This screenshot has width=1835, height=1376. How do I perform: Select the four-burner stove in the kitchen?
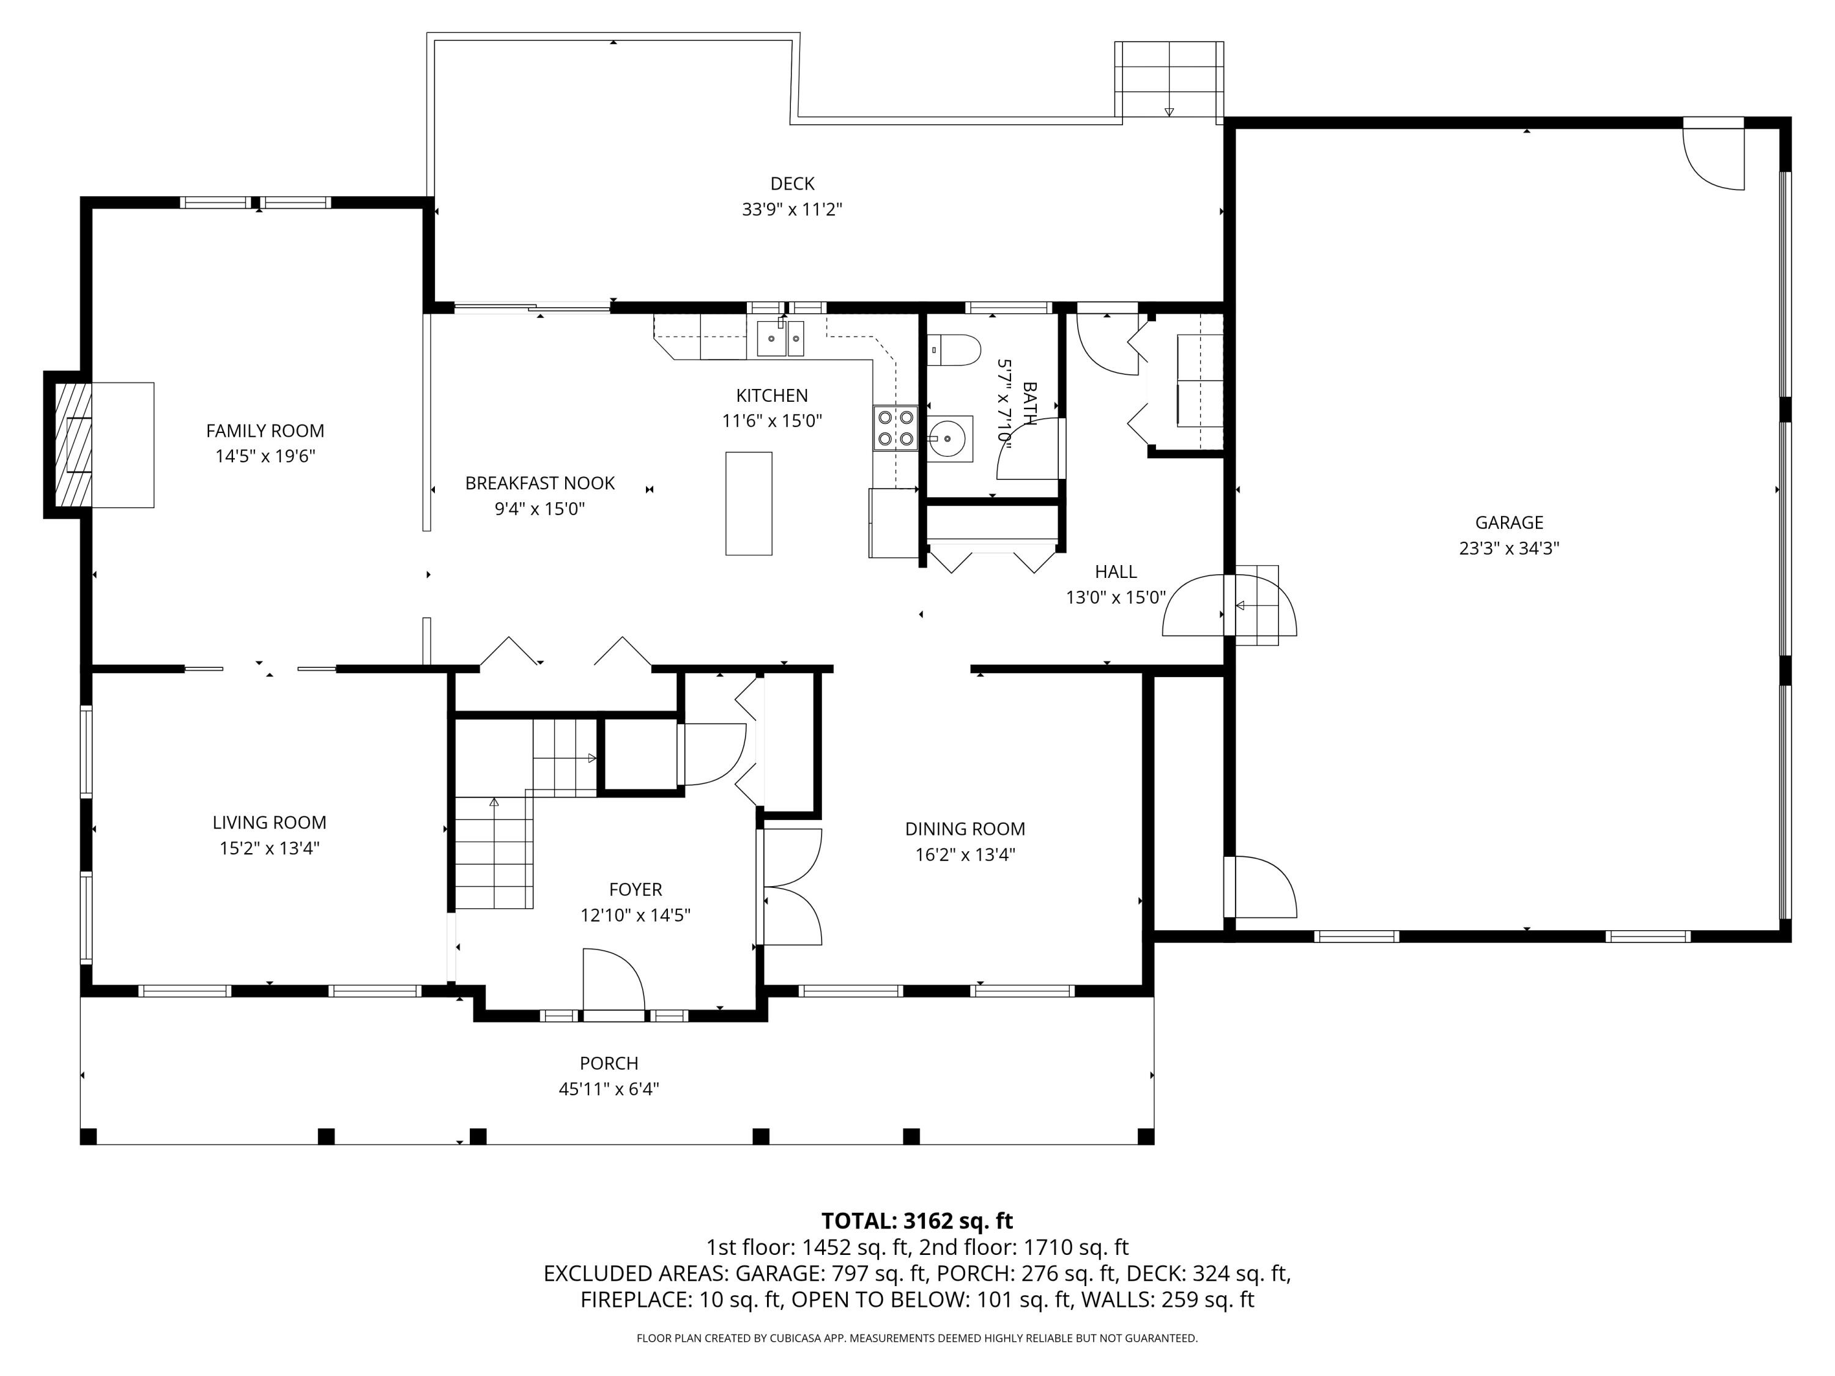[x=895, y=428]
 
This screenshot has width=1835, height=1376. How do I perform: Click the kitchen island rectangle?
[x=748, y=503]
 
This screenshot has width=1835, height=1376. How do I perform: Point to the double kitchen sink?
[x=780, y=338]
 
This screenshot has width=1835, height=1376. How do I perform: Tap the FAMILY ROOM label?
[x=265, y=431]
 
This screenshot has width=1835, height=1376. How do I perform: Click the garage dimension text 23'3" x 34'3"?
[x=1509, y=548]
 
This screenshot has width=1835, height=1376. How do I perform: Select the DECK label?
[x=792, y=183]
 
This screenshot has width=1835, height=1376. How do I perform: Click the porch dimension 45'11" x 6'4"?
[x=609, y=1089]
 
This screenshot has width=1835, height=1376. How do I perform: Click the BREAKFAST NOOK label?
[x=540, y=483]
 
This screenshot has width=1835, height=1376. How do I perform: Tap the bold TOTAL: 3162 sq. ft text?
[x=917, y=1221]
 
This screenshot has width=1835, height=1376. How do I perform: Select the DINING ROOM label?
[x=965, y=829]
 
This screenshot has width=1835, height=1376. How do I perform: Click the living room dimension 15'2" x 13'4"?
[x=270, y=848]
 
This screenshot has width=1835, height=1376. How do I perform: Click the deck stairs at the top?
[x=1169, y=80]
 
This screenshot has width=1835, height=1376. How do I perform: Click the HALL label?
[x=1116, y=571]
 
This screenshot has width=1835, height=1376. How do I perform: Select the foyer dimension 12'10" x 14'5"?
[x=636, y=915]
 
